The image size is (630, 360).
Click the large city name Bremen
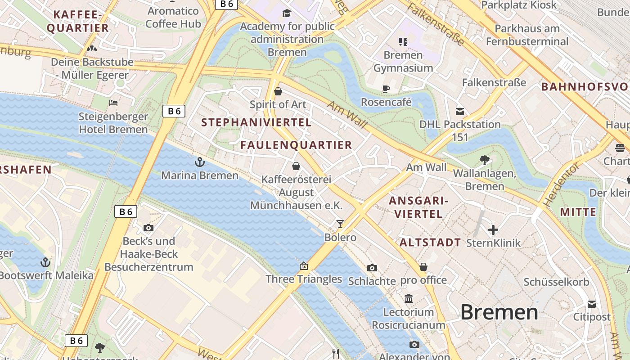pyautogui.click(x=499, y=312)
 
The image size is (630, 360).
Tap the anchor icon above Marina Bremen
pyautogui.click(x=199, y=162)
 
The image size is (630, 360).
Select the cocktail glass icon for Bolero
pyautogui.click(x=340, y=224)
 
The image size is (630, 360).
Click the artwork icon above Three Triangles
pyautogui.click(x=304, y=266)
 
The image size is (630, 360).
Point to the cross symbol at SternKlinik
pyautogui.click(x=493, y=230)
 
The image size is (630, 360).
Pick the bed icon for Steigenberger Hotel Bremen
pyautogui.click(x=113, y=103)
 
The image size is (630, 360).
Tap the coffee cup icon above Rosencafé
pyautogui.click(x=386, y=89)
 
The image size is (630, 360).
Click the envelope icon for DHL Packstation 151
pyautogui.click(x=460, y=111)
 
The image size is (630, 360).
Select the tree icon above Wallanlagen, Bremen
pyautogui.click(x=485, y=160)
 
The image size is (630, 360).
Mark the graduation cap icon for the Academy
pyautogui.click(x=287, y=13)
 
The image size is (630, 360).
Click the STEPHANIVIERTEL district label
pyautogui.click(x=256, y=122)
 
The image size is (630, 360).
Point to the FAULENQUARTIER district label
pyautogui.click(x=296, y=145)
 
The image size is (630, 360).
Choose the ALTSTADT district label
pyautogui.click(x=430, y=243)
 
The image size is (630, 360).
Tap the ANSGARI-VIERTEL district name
pyautogui.click(x=418, y=207)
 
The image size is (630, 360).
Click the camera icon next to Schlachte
pyautogui.click(x=372, y=268)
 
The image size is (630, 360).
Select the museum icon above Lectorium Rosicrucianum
pyautogui.click(x=409, y=298)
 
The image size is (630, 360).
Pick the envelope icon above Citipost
pyautogui.click(x=591, y=304)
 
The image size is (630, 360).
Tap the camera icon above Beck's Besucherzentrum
pyautogui.click(x=148, y=228)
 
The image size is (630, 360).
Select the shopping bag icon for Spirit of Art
pyautogui.click(x=278, y=91)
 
